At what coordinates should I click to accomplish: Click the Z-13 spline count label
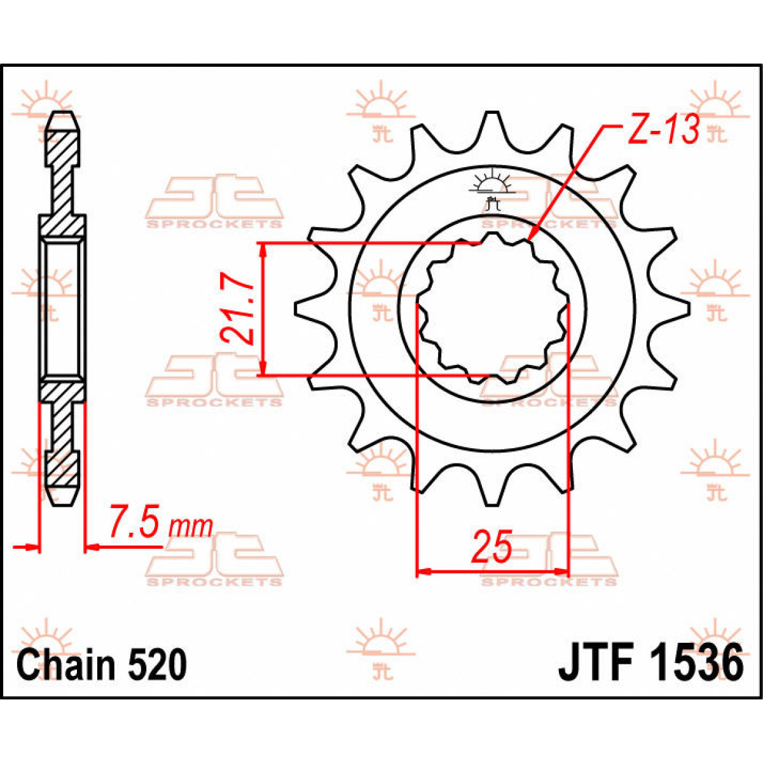pos(664,130)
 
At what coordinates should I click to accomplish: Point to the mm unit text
pos(191,526)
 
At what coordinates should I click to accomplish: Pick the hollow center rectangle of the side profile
pos(62,309)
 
